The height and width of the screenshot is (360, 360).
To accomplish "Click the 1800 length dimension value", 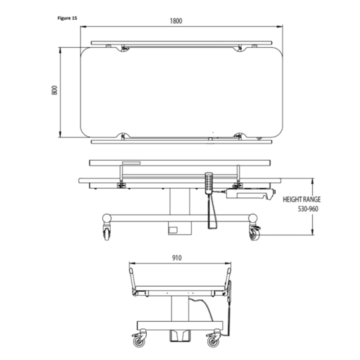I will click(176, 21).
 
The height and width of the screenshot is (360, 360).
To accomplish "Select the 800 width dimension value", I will click(54, 90).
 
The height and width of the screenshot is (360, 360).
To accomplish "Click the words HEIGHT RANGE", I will click(301, 199).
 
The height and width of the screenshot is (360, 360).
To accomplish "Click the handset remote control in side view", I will click(209, 183).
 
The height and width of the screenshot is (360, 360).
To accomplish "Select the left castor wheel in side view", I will click(107, 233).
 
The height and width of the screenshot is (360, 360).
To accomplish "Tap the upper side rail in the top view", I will click(182, 43).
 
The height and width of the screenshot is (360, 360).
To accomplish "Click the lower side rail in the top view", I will click(182, 141).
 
